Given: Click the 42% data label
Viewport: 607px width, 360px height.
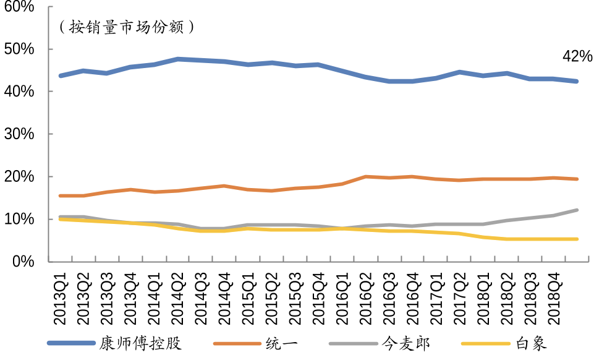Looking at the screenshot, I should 577,57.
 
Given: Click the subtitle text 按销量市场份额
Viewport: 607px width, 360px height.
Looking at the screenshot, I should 126,27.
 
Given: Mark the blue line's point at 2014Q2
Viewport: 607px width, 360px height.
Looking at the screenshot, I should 178,59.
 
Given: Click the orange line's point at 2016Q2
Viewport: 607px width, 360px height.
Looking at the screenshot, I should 366,177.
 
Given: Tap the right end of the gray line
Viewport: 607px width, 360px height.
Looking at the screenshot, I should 577,210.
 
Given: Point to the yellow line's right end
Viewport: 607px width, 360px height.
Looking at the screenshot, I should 577,239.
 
